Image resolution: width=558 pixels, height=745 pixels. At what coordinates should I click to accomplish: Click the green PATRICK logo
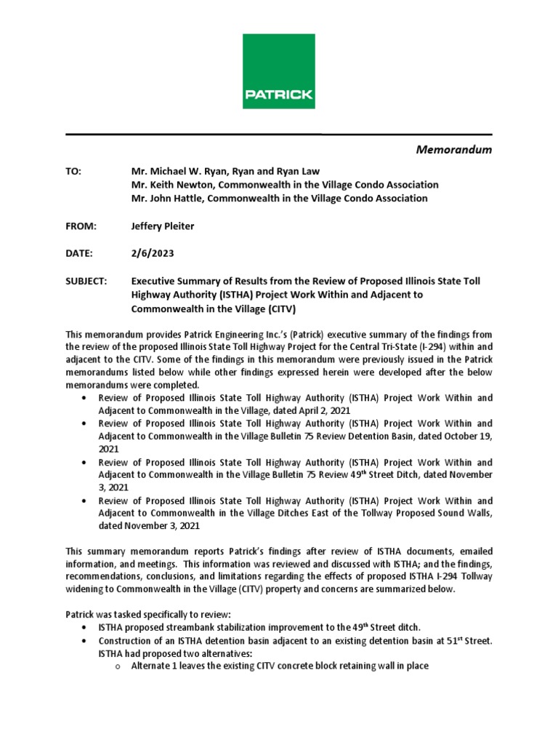278,71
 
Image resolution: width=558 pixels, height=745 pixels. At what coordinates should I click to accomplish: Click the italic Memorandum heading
453,150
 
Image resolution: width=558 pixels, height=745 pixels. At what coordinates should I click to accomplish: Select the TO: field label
74,171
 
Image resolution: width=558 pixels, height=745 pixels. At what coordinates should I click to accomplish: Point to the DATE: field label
79,253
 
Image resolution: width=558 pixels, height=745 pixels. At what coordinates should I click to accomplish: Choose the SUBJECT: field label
86,281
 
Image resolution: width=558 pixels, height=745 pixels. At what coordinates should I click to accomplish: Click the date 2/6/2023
153,253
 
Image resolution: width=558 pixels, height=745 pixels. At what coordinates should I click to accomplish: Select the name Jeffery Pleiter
163,226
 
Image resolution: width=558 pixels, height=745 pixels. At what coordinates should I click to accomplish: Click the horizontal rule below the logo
278,135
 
